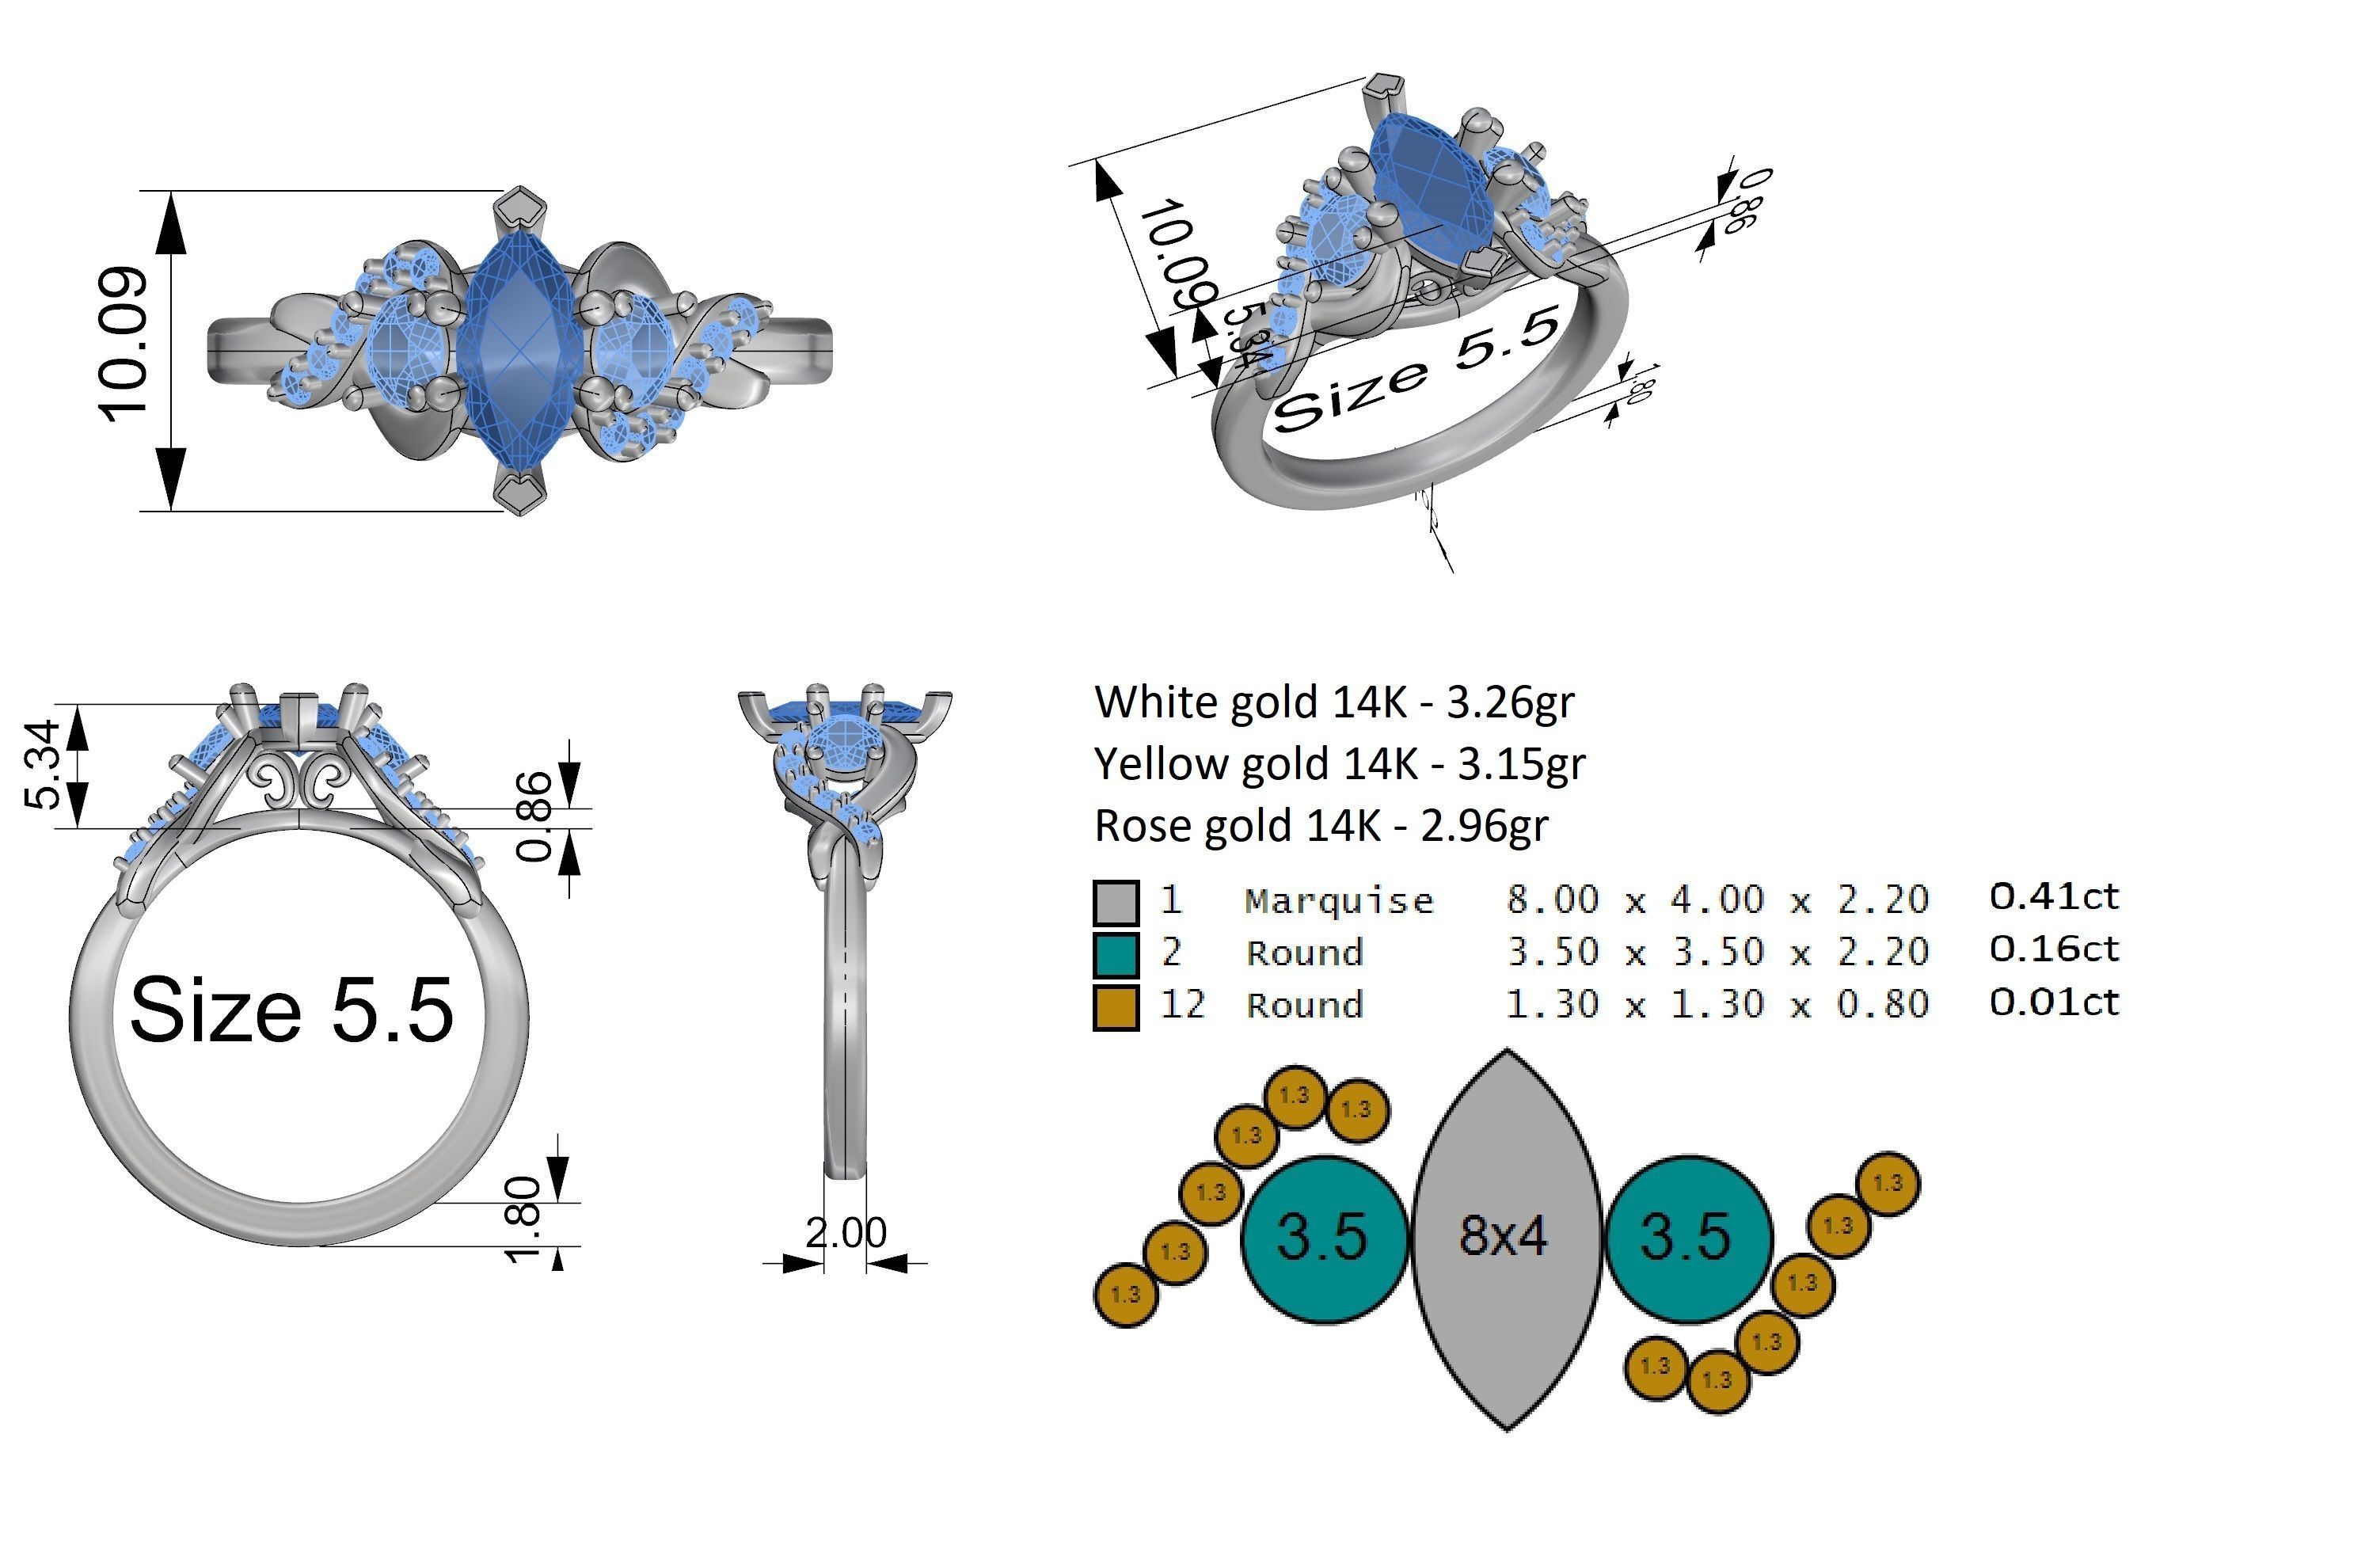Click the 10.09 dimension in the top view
click(124, 344)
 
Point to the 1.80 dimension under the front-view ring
click(525, 1219)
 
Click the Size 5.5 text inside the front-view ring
click(291, 1010)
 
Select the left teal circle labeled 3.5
click(1323, 1238)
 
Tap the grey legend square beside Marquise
click(1115, 902)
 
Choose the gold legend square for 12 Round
click(1115, 1006)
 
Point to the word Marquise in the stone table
click(1338, 901)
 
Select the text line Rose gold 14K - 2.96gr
click(1321, 825)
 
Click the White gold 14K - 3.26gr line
click(1334, 702)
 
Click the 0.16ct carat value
click(2053, 949)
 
